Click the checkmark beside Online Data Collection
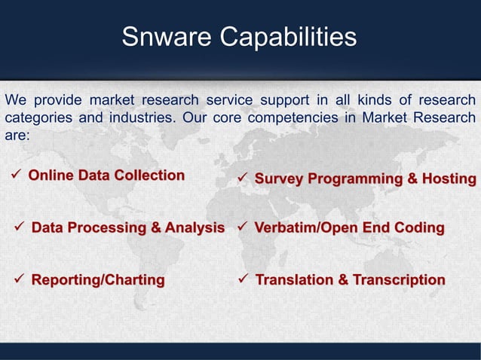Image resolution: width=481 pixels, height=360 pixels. point(17,176)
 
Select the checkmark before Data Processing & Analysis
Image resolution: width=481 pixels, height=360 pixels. point(20,227)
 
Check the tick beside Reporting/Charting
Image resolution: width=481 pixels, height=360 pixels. point(20,280)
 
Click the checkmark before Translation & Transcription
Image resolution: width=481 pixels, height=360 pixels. point(244,280)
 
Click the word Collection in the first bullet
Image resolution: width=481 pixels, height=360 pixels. point(149,175)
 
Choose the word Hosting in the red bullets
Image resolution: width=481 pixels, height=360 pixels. point(449,179)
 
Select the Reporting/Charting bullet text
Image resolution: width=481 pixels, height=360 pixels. point(98,280)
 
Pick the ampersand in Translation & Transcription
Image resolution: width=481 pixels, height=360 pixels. point(342,280)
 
